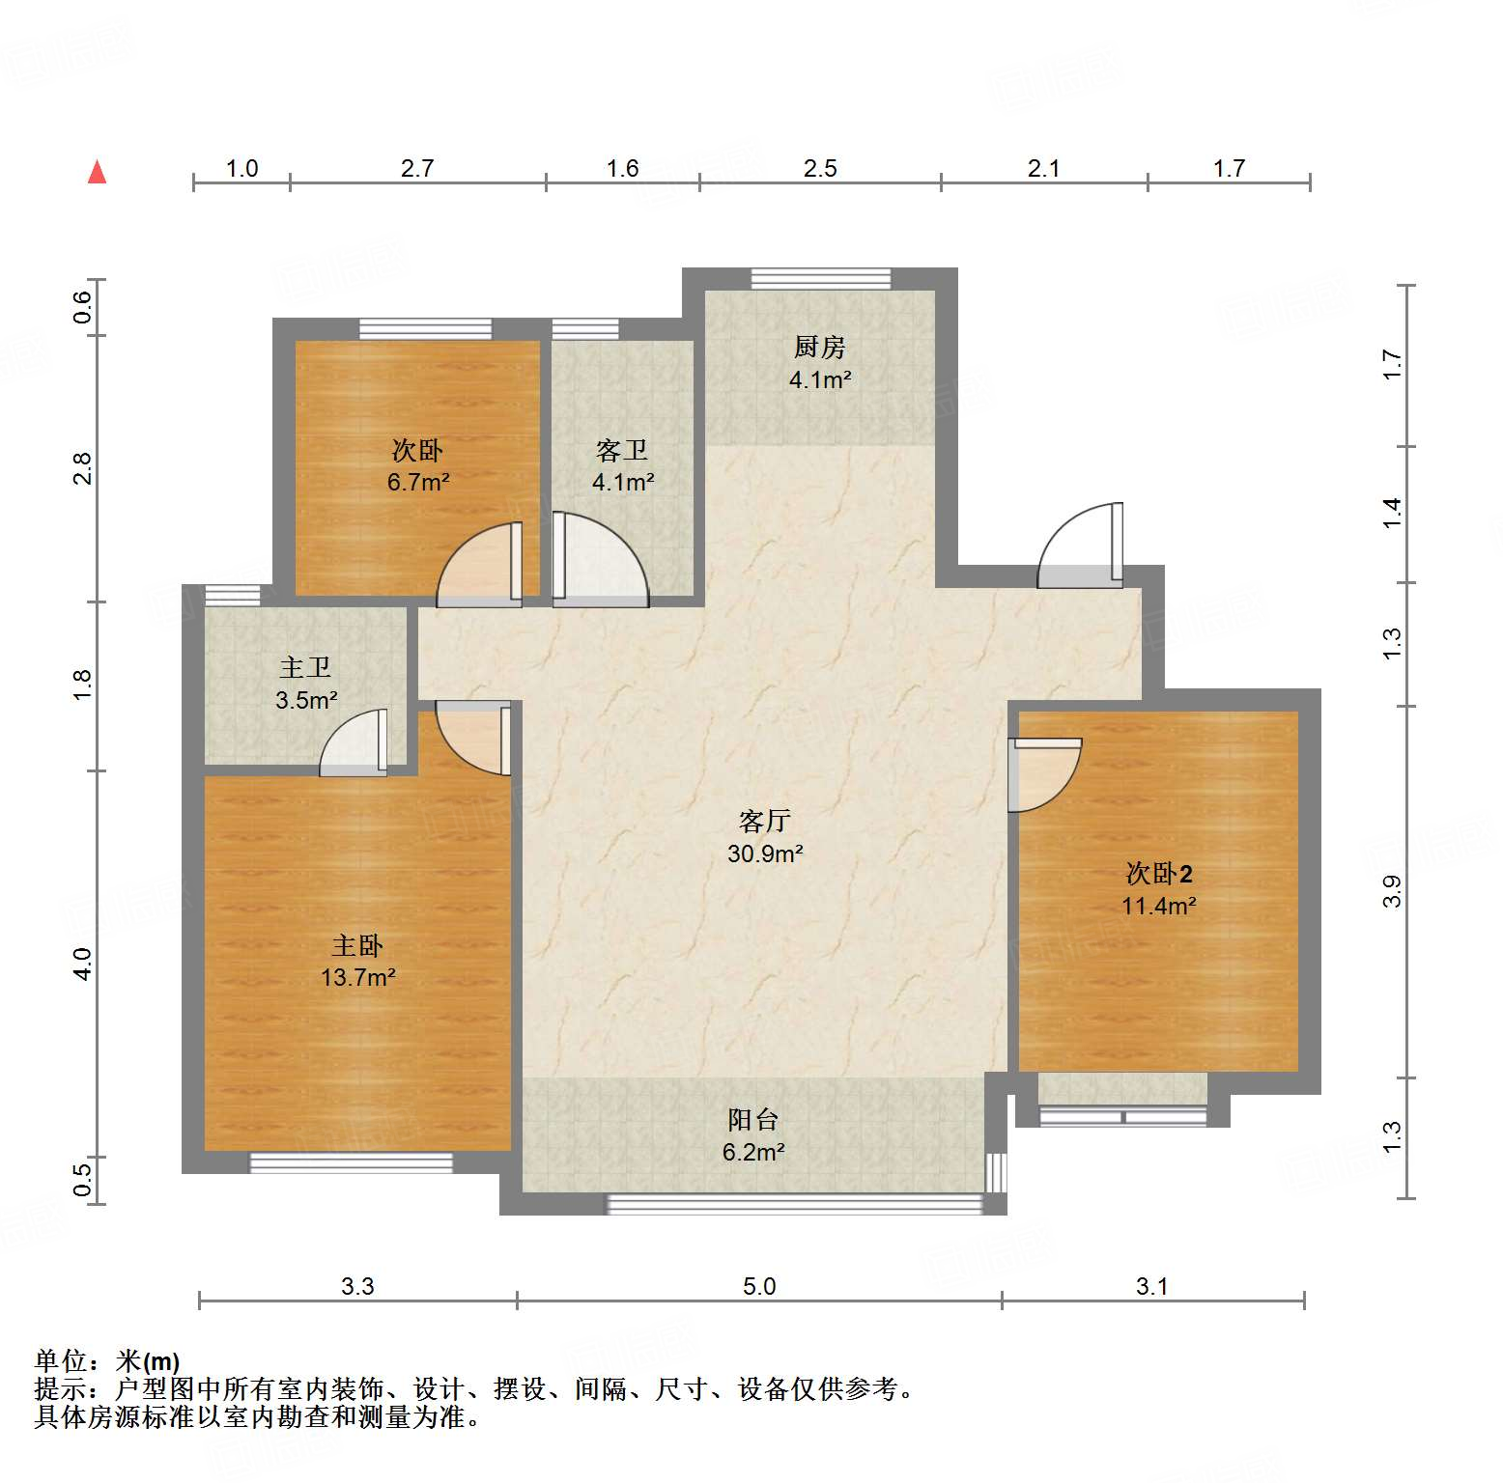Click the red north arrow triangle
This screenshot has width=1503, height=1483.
pos(97,172)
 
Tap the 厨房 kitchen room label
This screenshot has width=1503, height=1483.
pos(819,347)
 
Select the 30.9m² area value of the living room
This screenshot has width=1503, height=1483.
pos(765,853)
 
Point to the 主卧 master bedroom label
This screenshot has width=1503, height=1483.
pos(357,946)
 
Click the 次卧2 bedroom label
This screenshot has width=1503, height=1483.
pos(1158,874)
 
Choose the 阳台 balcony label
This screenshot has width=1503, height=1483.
pos(752,1120)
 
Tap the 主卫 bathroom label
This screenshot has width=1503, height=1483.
pos(305,668)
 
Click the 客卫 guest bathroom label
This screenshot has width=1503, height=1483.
pos(622,450)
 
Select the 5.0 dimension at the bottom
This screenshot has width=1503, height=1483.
pos(759,1286)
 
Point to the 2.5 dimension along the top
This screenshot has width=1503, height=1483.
pos(820,169)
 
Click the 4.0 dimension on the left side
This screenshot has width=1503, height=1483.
pos(83,964)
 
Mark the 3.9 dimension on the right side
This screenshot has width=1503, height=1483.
pos(1391,890)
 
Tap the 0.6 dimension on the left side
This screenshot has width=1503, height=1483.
pos(83,307)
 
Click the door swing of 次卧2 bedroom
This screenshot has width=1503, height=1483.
pos(1043,775)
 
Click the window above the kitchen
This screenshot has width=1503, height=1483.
pos(821,279)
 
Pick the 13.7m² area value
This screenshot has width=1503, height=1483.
pos(357,978)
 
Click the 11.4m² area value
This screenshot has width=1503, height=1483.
pos(1158,906)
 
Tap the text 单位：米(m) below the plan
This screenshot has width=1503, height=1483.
pos(107,1361)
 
